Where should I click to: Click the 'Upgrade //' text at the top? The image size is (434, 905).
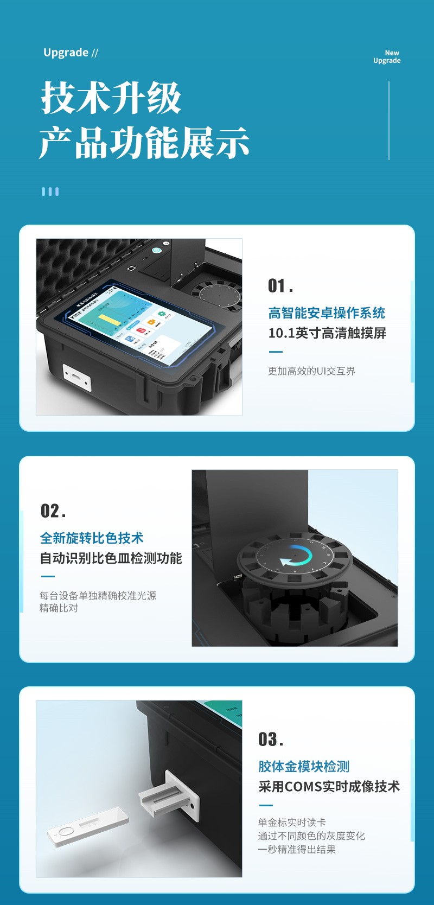click(71, 53)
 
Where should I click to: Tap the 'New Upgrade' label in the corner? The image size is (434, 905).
click(387, 57)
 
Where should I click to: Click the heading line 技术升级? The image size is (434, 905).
click(111, 98)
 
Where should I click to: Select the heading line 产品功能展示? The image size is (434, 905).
click(144, 143)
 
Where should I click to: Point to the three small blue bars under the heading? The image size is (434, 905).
click(50, 192)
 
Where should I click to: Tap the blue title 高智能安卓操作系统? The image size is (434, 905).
click(326, 313)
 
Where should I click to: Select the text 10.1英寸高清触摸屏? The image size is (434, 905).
click(327, 333)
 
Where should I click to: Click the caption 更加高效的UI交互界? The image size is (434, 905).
click(311, 371)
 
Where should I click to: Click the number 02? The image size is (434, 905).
click(53, 511)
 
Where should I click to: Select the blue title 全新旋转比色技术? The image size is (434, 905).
click(91, 538)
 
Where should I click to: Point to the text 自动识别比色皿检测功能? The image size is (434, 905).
click(111, 558)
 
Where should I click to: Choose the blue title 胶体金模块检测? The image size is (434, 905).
click(303, 767)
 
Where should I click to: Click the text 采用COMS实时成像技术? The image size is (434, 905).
click(329, 787)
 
